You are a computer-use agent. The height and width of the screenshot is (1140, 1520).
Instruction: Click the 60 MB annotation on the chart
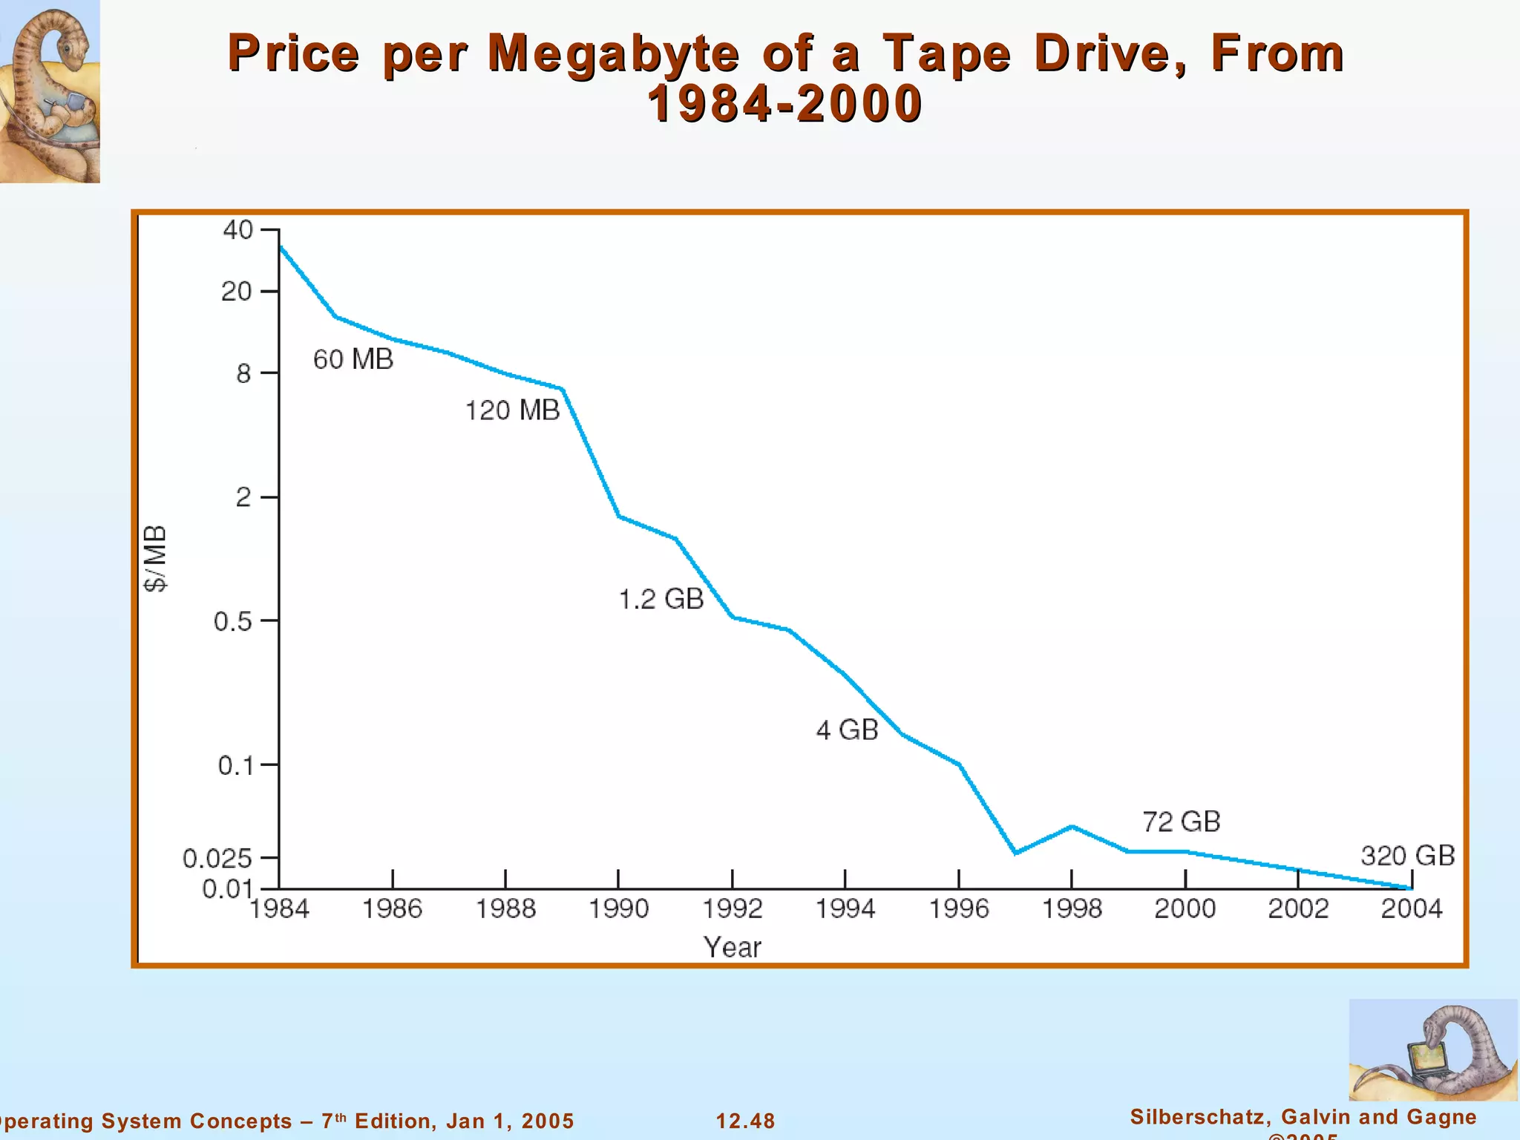coord(353,359)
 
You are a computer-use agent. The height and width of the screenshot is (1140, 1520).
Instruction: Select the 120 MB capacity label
coord(512,410)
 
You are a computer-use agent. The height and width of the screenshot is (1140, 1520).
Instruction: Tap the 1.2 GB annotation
coord(661,599)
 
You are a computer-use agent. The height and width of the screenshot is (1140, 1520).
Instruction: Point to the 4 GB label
coord(847,730)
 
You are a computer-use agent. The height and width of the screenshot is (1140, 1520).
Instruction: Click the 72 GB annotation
coord(1181,822)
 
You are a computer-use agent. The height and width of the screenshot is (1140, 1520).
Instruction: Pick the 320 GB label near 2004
coord(1407,856)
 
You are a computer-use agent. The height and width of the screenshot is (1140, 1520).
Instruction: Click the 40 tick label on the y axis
coord(237,230)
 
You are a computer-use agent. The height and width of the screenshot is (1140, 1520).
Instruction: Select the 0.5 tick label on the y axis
coord(233,621)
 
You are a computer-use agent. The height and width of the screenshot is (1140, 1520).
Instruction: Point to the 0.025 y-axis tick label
coord(217,859)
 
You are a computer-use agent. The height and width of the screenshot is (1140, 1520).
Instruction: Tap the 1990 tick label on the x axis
coord(618,908)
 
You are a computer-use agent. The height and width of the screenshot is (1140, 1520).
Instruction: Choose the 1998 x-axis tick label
coord(1072,908)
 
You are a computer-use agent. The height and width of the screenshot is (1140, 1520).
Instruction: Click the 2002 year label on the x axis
coord(1297,908)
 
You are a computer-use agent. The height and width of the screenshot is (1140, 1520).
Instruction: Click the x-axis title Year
coord(732,948)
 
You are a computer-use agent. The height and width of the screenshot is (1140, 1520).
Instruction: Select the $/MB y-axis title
coord(156,558)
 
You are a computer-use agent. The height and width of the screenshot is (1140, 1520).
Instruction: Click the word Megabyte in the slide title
coord(613,53)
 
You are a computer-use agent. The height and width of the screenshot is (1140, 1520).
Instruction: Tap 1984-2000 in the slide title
coord(784,104)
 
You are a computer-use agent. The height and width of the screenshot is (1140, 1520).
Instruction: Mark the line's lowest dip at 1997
coord(1015,853)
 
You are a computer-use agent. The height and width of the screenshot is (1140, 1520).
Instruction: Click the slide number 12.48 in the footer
coord(745,1121)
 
